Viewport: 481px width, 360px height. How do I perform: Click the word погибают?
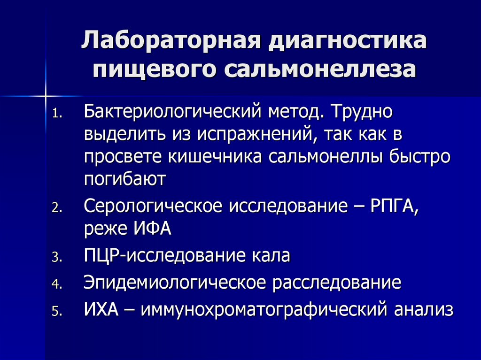(125, 179)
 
